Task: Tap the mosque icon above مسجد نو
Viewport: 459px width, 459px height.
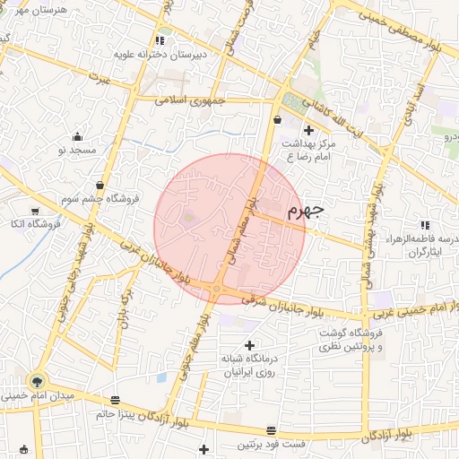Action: pos(78,137)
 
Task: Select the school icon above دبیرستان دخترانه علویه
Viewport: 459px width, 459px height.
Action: pos(160,40)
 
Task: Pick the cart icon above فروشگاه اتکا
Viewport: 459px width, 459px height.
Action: pos(35,211)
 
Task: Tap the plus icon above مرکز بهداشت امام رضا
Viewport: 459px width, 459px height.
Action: pos(309,130)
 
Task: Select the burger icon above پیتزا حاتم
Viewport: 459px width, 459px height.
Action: pos(115,401)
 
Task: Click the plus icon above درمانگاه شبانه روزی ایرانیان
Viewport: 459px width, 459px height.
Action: pos(249,344)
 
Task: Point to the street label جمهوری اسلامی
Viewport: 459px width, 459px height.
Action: pos(187,100)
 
